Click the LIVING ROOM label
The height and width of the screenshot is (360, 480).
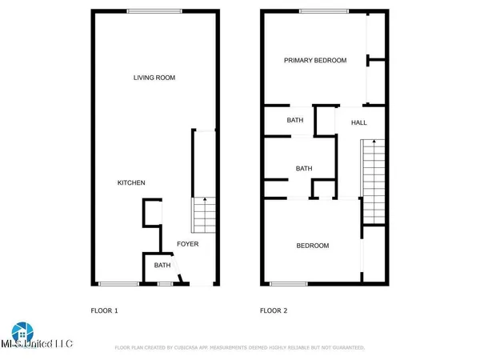[x=154, y=78]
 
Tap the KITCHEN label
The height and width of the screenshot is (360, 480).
[x=131, y=183]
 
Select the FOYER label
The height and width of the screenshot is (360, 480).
[x=187, y=244]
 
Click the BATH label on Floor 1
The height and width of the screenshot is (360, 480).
[x=162, y=266]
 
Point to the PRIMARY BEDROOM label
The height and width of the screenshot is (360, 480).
[x=316, y=60]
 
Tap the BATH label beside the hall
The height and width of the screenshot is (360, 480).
[x=295, y=121]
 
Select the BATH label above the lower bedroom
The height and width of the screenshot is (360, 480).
[x=304, y=169]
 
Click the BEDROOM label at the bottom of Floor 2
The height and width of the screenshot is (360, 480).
[x=313, y=246]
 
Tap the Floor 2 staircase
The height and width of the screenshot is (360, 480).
[x=373, y=181]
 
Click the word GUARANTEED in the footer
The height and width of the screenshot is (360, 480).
[x=346, y=348]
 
